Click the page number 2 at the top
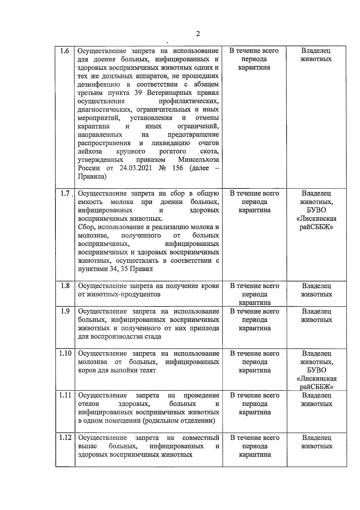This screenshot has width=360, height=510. click(x=198, y=34)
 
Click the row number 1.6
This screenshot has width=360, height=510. click(x=64, y=51)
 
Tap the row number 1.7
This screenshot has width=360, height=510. click(x=64, y=193)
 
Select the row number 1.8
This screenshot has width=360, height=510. click(x=65, y=286)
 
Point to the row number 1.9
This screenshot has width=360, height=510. click(x=65, y=311)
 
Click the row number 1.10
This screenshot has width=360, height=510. click(x=65, y=353)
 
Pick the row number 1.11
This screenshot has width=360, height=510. click(x=65, y=395)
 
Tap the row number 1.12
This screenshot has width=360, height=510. click(x=65, y=438)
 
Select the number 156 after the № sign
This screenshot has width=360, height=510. click(x=178, y=168)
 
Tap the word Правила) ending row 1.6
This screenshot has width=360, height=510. click(x=92, y=177)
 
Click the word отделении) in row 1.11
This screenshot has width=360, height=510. click(x=199, y=421)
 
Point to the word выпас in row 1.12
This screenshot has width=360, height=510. click(x=88, y=446)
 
